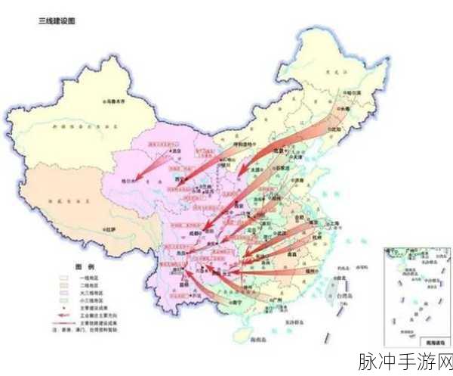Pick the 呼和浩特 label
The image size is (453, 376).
(x=244, y=143)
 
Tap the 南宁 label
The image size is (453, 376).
(x=237, y=303)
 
